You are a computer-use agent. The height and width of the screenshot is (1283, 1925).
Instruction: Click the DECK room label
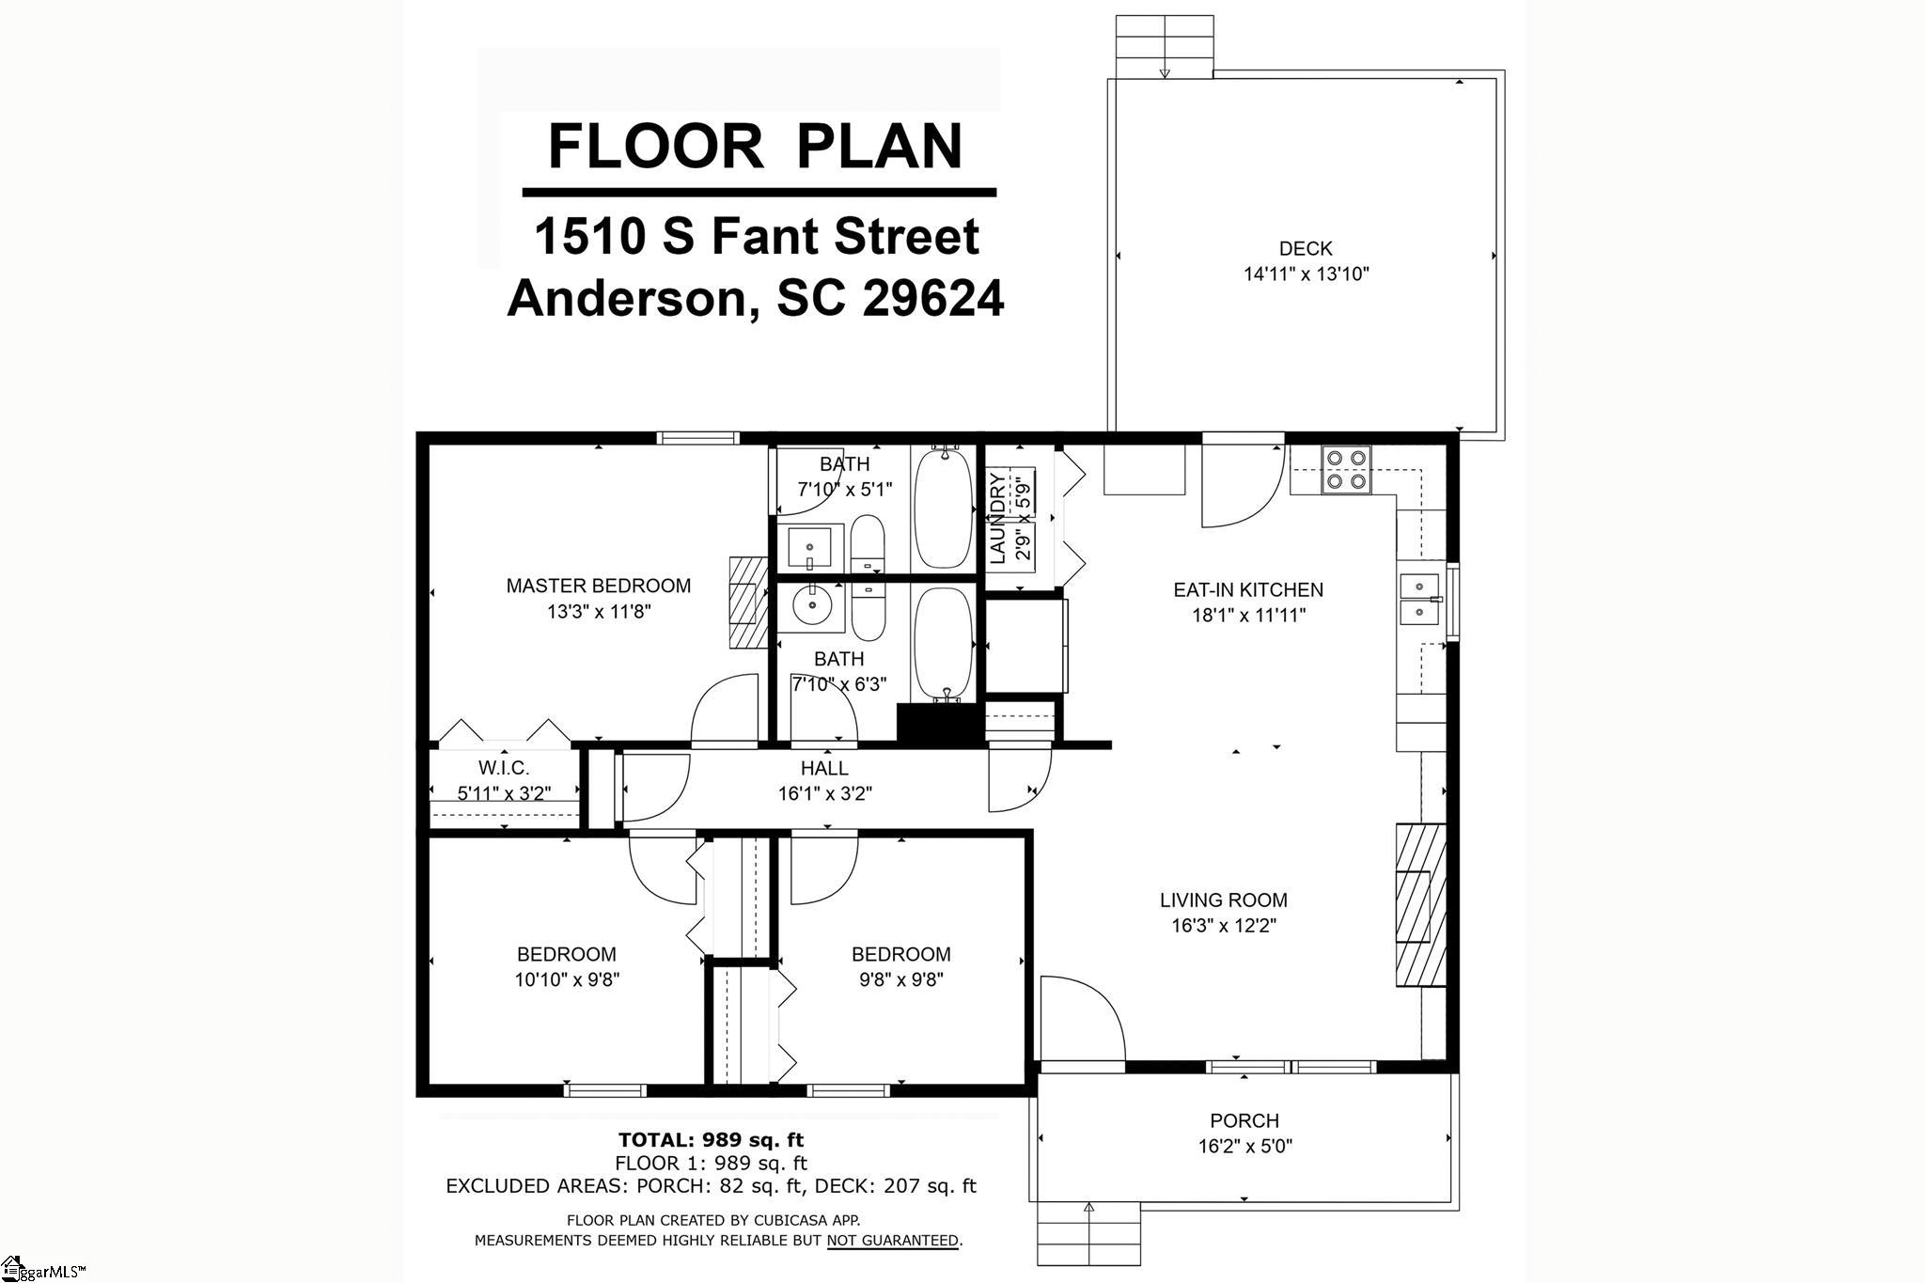[1306, 249]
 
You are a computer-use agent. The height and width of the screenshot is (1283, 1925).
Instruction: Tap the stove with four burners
[1347, 470]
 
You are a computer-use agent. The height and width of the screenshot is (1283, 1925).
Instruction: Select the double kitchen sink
[1420, 599]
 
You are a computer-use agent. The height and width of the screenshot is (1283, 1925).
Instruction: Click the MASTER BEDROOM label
[599, 586]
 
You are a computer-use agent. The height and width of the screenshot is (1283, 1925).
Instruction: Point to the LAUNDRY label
[997, 518]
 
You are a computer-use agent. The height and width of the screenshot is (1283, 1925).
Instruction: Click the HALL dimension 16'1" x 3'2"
[825, 793]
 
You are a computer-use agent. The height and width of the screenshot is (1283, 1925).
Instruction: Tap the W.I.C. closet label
[504, 768]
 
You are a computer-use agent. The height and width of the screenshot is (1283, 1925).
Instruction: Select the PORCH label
[1244, 1120]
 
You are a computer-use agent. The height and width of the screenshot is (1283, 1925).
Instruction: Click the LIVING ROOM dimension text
[1223, 926]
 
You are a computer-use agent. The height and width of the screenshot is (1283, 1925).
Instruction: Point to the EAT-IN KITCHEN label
[1248, 590]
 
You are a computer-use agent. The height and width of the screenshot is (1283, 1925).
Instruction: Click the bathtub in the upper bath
[944, 509]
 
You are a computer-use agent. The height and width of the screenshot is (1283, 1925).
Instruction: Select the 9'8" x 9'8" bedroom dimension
[900, 979]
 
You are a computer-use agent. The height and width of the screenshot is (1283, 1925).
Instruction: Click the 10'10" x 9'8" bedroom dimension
[567, 979]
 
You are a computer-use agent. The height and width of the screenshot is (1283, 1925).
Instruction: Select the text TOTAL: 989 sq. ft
[711, 1140]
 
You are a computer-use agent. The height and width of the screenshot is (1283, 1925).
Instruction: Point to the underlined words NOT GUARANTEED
[893, 1241]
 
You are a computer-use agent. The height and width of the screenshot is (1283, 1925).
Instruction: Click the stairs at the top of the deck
[1165, 46]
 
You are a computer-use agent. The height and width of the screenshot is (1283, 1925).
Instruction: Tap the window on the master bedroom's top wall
[697, 437]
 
